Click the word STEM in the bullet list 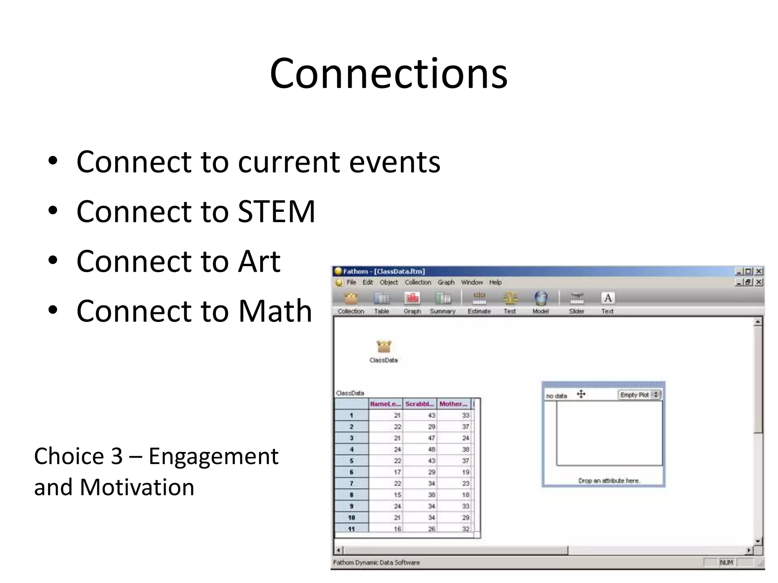[276, 211]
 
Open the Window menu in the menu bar [472, 282]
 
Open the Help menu [495, 282]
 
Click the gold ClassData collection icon [384, 346]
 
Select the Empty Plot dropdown [639, 395]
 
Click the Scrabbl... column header [419, 404]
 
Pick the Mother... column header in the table [454, 404]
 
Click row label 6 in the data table [351, 472]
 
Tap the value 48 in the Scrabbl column [432, 449]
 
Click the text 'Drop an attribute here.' [609, 481]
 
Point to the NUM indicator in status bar [726, 563]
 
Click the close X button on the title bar [759, 271]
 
